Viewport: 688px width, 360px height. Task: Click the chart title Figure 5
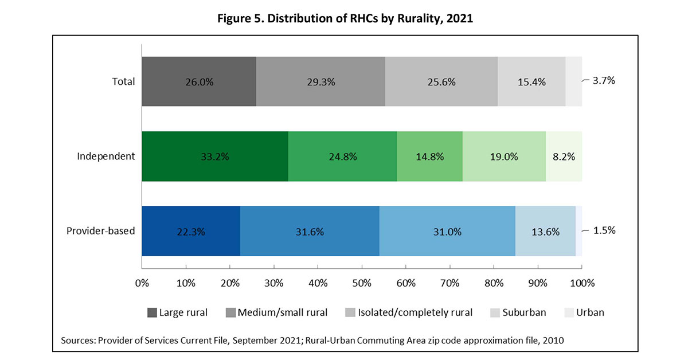tap(343, 18)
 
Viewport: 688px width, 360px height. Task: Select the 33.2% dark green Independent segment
tap(215, 156)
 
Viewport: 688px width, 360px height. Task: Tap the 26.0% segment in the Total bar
tap(199, 81)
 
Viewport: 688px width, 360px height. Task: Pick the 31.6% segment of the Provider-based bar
tap(310, 232)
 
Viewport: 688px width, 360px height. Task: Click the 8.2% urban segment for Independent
tap(564, 156)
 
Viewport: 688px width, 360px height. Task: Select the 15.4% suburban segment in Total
tap(531, 81)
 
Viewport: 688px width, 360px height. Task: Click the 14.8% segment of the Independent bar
tap(429, 156)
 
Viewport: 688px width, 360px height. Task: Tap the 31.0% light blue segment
tap(447, 232)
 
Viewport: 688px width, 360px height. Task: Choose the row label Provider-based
tap(101, 231)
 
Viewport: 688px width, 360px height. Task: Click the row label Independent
tap(106, 156)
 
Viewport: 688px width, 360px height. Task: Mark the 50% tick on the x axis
tap(362, 283)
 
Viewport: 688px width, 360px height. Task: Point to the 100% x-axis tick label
tap(581, 283)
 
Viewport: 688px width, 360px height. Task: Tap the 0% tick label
tap(142, 283)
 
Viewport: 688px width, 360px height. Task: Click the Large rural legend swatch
tap(152, 312)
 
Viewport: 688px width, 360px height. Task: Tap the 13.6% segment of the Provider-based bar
tap(545, 232)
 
